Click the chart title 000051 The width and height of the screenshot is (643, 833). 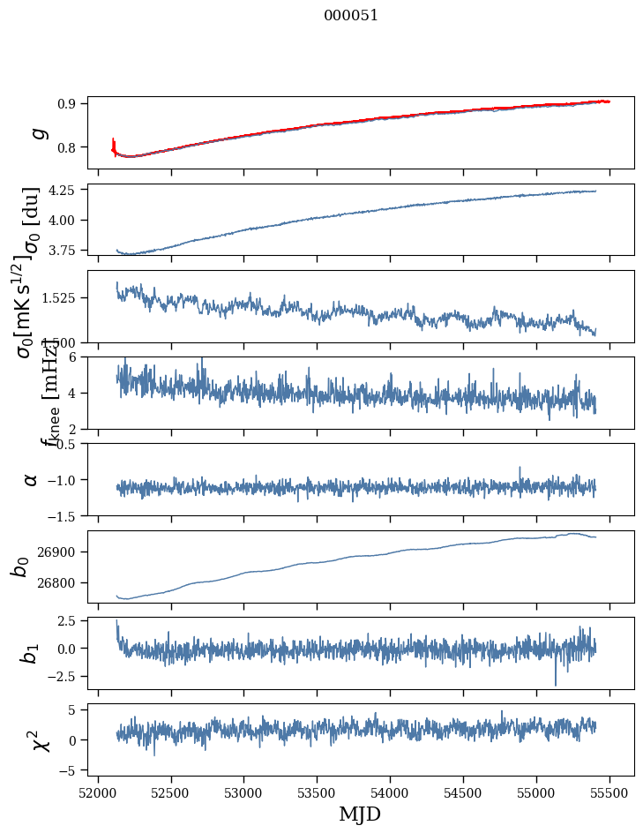coord(351,15)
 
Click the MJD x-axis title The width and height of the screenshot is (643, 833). coord(360,814)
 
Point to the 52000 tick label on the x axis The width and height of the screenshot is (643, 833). coord(98,792)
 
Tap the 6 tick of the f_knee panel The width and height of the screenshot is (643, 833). coord(78,356)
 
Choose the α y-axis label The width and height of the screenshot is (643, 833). coord(32,479)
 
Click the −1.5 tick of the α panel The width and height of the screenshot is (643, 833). coord(67,515)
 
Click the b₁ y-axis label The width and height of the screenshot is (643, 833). coord(32,653)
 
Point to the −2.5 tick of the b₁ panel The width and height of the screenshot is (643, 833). coord(67,676)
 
